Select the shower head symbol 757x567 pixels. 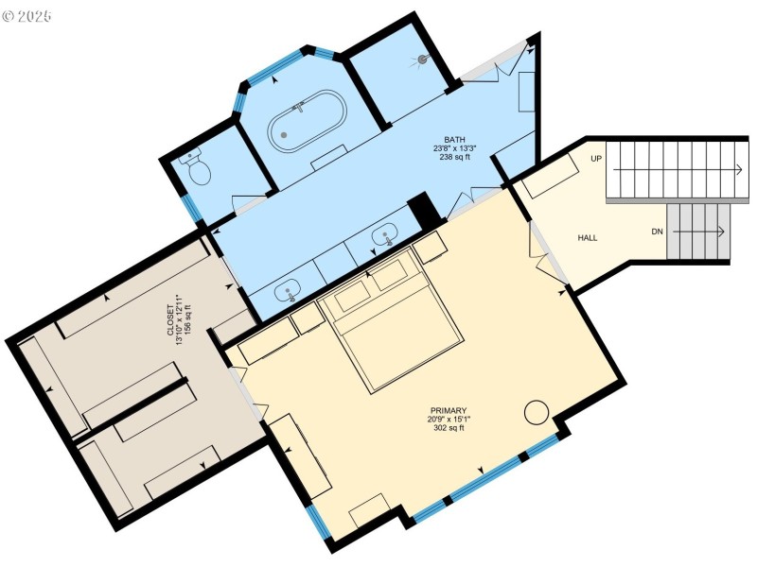[422, 60]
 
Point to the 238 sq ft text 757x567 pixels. [455, 157]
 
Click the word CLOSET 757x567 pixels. [170, 320]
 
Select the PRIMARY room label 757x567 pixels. [449, 411]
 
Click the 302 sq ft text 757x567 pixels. [449, 428]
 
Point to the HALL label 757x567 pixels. [588, 238]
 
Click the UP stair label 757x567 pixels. [596, 159]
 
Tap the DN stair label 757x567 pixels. [657, 232]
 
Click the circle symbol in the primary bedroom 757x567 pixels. [537, 412]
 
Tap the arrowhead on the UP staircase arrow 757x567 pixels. [740, 170]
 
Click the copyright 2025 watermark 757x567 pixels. [26, 16]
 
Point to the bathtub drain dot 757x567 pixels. [284, 135]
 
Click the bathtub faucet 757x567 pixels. [298, 107]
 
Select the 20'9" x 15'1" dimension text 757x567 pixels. [449, 420]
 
